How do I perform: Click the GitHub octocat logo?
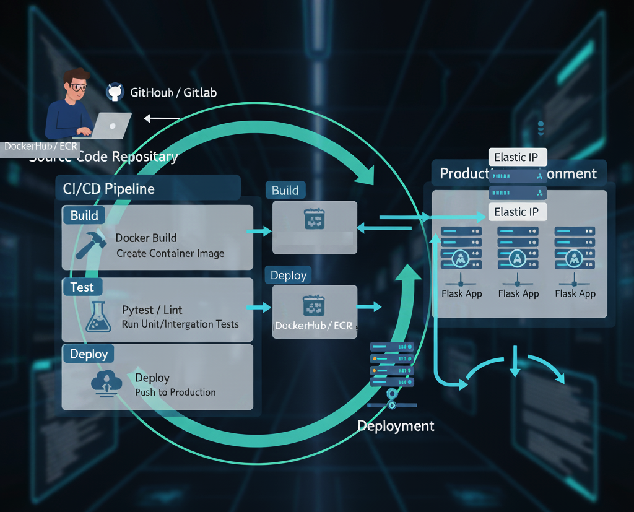(x=115, y=92)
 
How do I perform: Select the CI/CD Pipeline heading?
(x=105, y=188)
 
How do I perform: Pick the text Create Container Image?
(x=170, y=253)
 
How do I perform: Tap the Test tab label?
(x=82, y=287)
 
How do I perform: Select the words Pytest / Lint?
(x=152, y=310)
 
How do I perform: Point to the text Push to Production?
(x=175, y=393)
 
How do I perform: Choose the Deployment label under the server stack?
(x=396, y=426)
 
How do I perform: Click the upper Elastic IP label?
(x=516, y=157)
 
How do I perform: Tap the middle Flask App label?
(x=518, y=293)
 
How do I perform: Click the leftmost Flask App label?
(x=462, y=293)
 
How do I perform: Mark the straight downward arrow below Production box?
(x=515, y=362)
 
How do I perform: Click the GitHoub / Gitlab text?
(x=173, y=93)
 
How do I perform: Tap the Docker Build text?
(x=146, y=238)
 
